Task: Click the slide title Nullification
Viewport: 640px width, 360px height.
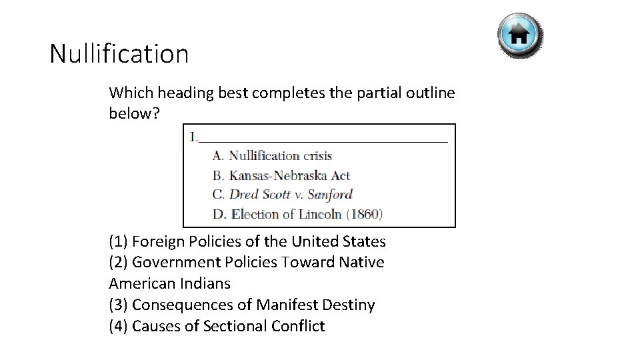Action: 119,54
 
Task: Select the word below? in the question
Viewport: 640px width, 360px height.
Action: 134,113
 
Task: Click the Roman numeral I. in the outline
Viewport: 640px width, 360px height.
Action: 193,137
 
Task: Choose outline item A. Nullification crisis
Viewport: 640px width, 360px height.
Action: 272,156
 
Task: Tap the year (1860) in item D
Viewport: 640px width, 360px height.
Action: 365,214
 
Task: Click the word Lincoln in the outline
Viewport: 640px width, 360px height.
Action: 319,214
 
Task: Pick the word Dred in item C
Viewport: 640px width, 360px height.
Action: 244,195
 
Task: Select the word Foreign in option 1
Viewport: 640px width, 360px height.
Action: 158,241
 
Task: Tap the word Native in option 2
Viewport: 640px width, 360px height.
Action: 361,262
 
